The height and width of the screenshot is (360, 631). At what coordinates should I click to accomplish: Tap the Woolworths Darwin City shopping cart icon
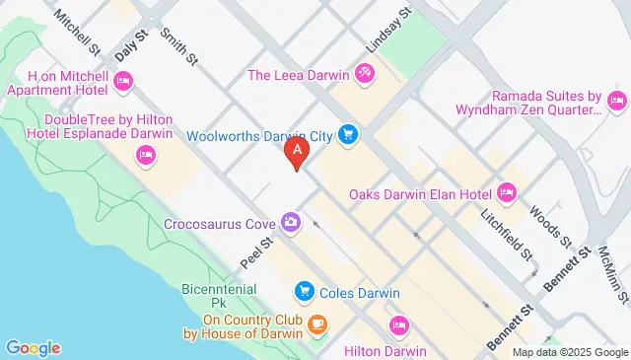tap(347, 133)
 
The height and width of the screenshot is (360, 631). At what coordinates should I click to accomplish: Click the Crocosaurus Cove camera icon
tap(290, 223)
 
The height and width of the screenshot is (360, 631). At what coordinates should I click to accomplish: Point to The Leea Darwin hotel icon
tap(364, 73)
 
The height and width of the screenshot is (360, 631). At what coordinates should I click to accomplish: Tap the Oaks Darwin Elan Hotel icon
tap(507, 191)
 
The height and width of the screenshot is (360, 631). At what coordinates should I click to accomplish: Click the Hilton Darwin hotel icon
tap(399, 324)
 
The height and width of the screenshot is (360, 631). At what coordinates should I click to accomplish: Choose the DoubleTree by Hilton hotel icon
tap(146, 154)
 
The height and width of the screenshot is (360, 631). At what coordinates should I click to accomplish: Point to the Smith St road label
tap(183, 45)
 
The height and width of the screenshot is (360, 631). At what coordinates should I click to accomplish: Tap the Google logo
tap(34, 347)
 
